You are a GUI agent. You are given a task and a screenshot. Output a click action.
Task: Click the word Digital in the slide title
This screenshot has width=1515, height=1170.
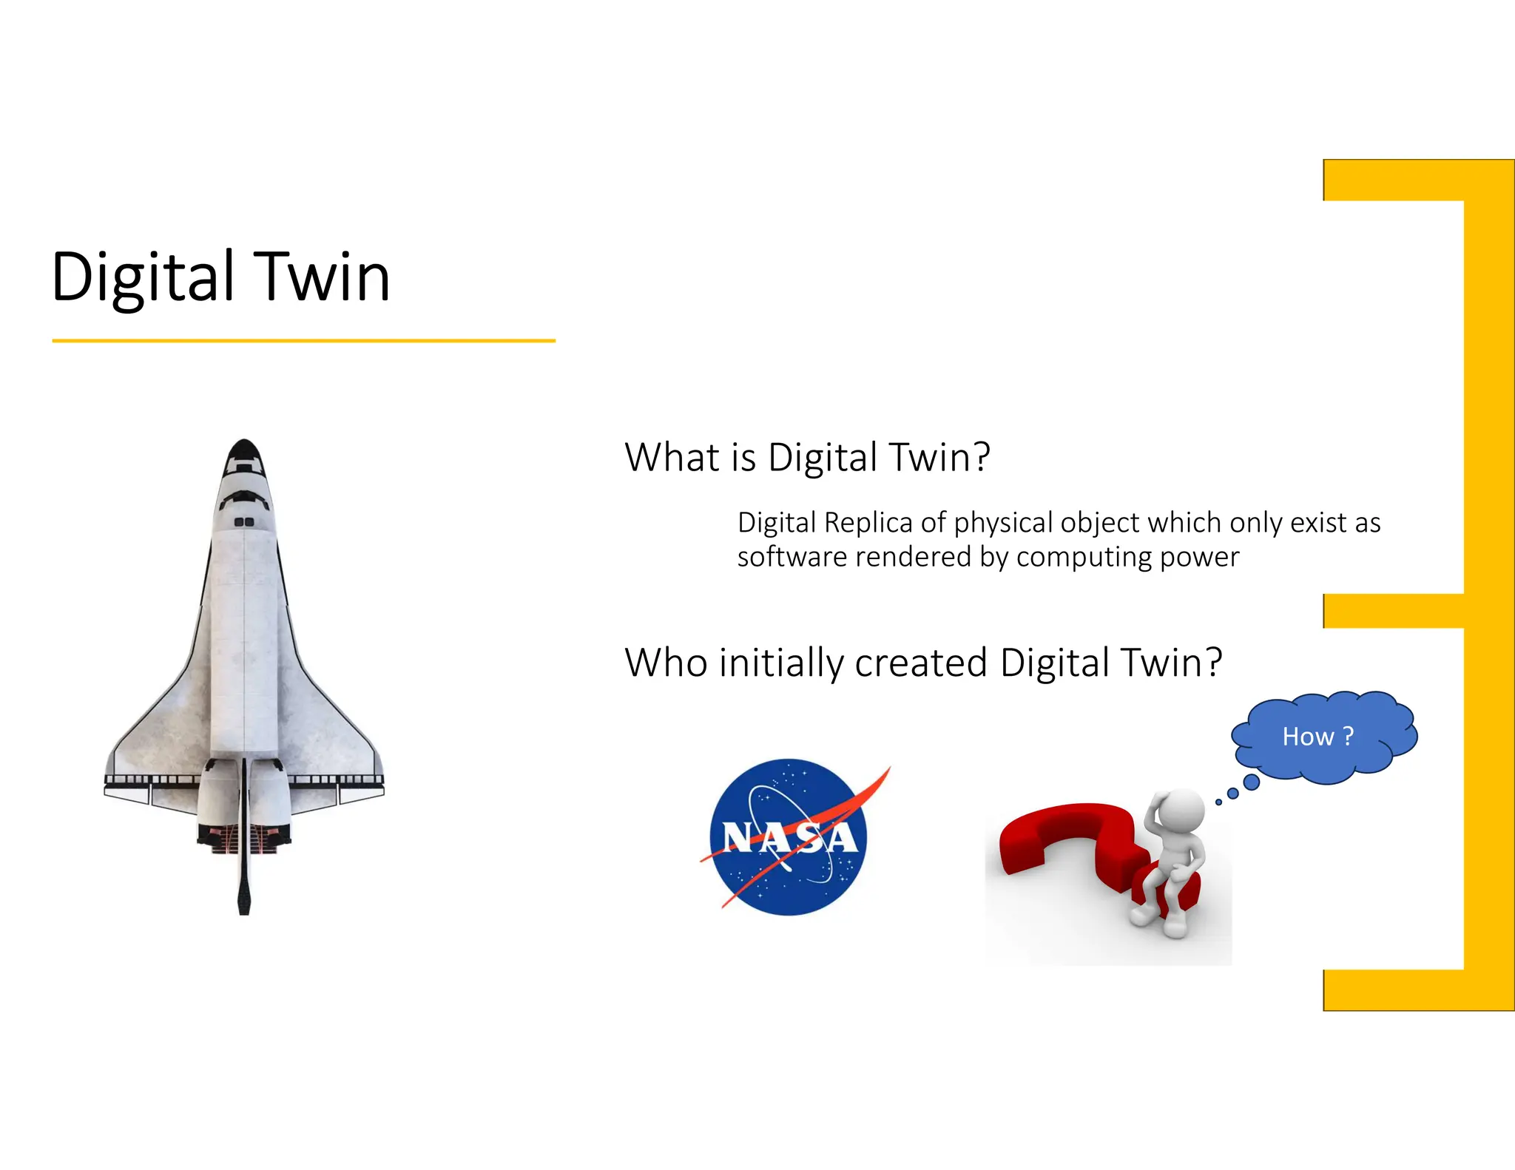point(143,277)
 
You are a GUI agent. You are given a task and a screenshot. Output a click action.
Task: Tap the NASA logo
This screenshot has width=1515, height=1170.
point(789,837)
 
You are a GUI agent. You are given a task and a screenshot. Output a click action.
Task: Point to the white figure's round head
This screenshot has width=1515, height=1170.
point(1181,811)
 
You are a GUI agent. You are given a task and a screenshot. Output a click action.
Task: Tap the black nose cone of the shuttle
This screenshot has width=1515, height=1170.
point(244,450)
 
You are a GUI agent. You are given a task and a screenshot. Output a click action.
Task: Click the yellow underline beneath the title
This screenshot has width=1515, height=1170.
point(303,341)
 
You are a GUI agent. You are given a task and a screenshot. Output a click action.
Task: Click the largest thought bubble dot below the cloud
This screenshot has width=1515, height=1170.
point(1252,782)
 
